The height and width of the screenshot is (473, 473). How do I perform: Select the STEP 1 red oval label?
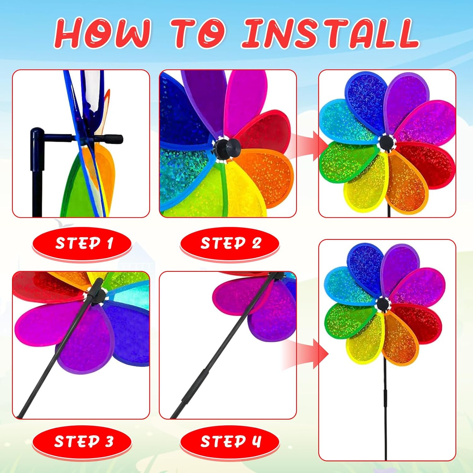tap(82, 244)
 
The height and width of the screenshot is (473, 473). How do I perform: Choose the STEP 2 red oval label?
tap(230, 244)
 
